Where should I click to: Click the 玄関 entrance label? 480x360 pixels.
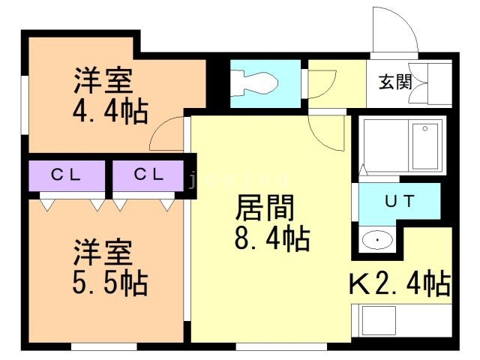[x=394, y=82]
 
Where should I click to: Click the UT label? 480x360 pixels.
[x=398, y=201]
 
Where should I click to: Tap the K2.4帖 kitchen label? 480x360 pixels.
[x=399, y=284]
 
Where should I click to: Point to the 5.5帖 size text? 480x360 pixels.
[x=109, y=283]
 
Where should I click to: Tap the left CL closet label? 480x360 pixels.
[x=66, y=175]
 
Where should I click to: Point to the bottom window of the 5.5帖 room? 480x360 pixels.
[x=93, y=346]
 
